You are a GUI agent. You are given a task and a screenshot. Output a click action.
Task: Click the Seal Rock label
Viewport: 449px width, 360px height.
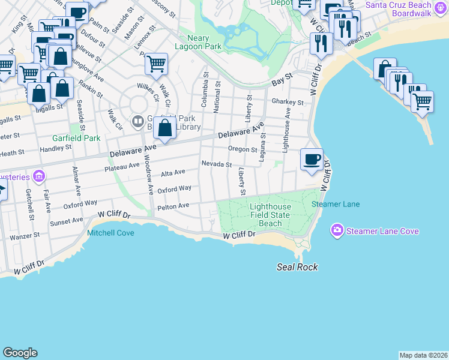coord(297,267)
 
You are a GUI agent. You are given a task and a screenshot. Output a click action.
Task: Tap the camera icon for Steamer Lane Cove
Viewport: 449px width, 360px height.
coord(337,230)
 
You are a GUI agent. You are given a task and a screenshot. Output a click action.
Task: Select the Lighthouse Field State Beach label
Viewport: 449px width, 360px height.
coord(270,215)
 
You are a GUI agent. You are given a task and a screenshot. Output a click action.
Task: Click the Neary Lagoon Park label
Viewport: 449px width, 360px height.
coord(198,41)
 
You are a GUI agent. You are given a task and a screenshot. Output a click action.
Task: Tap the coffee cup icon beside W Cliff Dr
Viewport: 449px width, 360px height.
coord(311,160)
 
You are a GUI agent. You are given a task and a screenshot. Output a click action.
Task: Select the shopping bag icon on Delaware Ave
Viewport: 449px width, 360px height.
coord(164,127)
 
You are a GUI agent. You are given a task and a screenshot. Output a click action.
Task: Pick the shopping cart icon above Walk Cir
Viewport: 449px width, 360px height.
coord(156,63)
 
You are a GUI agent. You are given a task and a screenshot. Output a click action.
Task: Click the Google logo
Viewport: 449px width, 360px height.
coord(20,353)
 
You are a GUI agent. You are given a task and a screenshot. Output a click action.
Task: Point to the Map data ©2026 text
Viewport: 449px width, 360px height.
coord(423,355)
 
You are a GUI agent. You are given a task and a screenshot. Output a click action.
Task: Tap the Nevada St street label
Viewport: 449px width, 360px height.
coord(216,164)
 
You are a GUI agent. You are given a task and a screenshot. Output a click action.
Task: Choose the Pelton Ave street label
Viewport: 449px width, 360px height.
coord(173,206)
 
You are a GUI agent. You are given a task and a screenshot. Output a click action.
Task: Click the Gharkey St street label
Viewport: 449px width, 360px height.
coord(287,102)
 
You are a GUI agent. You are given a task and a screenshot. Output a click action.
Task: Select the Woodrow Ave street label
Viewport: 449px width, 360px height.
coord(149,174)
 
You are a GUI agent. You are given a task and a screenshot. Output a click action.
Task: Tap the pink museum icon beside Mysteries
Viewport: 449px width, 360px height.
coord(40,176)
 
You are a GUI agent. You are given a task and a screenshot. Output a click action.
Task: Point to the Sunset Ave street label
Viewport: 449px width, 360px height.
coord(70,221)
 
